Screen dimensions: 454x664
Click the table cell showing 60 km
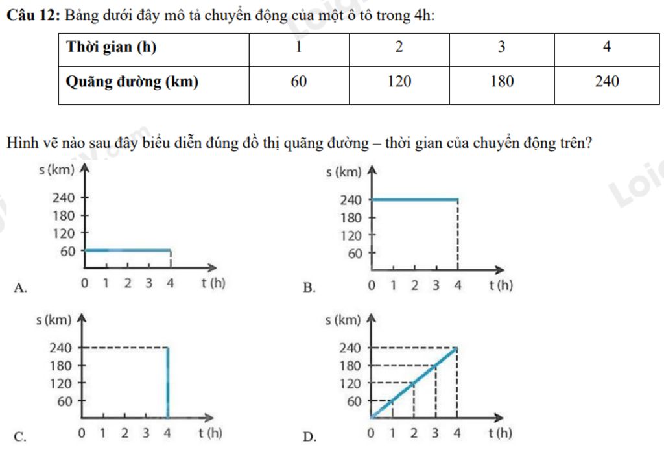tap(299, 82)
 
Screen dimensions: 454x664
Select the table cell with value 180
tap(502, 82)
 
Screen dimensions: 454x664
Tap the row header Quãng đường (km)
tap(132, 82)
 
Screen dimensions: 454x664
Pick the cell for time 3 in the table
tap(502, 47)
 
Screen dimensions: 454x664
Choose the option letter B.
tap(309, 288)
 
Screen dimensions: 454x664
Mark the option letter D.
tap(310, 436)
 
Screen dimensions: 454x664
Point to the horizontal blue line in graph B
tap(415, 200)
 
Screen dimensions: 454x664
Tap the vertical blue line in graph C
tap(169, 383)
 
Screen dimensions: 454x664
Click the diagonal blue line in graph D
tap(415, 383)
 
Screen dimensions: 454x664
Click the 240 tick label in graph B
tap(351, 200)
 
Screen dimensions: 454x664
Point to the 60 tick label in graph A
tap(67, 251)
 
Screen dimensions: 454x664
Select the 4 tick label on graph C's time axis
tap(168, 432)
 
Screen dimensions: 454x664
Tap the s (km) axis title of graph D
tap(343, 320)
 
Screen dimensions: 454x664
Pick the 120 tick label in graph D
tap(350, 383)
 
